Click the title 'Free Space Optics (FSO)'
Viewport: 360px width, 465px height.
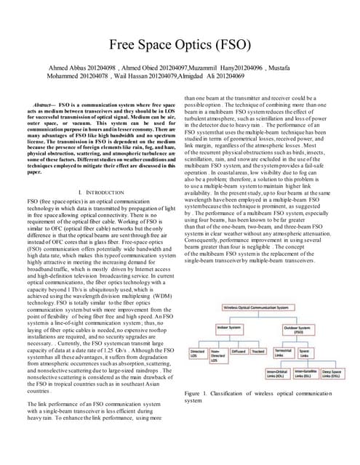(x=180, y=44)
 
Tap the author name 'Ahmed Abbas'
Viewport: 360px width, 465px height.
(x=69, y=68)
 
